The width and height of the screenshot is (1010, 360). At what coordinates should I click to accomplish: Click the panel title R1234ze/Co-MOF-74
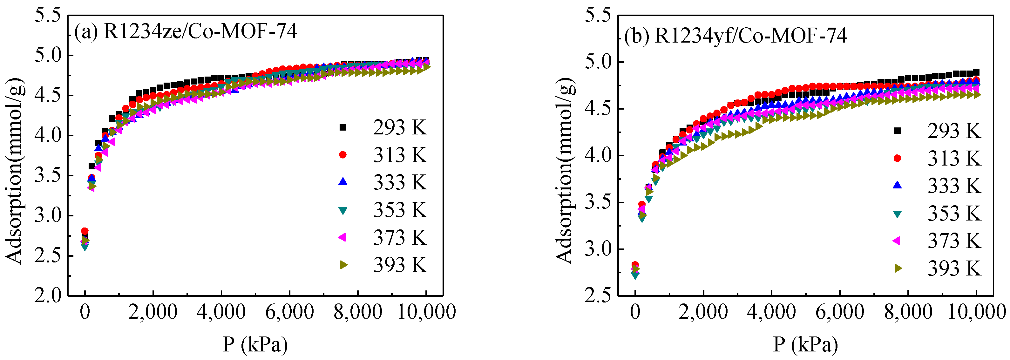200,31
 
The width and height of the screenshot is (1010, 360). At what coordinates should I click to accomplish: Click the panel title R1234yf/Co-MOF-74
750,36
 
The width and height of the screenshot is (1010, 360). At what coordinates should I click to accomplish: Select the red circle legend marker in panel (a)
343,155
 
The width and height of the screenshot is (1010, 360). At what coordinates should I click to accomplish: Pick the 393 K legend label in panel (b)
953,268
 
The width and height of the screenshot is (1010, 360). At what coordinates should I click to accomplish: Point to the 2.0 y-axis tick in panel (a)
48,295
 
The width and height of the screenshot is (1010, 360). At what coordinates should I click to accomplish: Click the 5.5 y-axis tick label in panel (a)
48,16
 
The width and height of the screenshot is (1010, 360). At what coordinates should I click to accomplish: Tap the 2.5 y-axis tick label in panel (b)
598,295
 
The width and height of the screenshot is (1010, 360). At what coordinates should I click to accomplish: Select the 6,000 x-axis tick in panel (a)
289,312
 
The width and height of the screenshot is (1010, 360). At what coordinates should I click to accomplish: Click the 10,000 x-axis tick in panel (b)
976,312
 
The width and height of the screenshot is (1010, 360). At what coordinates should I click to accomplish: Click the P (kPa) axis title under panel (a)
255,345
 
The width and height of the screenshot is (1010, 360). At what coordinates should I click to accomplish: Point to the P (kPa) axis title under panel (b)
805,345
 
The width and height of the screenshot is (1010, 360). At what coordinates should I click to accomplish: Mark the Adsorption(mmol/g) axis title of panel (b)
565,171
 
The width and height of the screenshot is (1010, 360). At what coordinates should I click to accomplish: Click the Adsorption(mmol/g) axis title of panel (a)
15,171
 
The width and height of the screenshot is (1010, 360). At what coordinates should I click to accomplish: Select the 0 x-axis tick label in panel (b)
635,312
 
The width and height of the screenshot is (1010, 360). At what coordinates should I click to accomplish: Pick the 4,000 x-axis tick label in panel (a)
221,312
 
